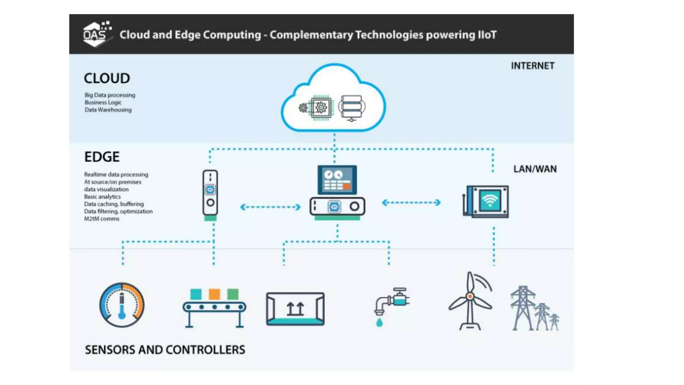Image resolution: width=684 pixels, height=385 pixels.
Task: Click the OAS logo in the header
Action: pyautogui.click(x=97, y=34)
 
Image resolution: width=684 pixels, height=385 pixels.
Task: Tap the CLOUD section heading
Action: pyautogui.click(x=107, y=79)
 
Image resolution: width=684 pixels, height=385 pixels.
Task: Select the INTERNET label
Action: pyautogui.click(x=532, y=66)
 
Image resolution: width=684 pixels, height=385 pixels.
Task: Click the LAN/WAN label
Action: pyautogui.click(x=535, y=169)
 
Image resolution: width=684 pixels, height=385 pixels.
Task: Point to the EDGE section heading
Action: pyautogui.click(x=102, y=157)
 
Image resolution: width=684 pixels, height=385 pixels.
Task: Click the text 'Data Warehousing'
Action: pyautogui.click(x=108, y=110)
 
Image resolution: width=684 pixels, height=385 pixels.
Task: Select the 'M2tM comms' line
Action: pyautogui.click(x=102, y=219)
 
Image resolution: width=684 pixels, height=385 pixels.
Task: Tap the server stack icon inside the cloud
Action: pyautogui.click(x=351, y=108)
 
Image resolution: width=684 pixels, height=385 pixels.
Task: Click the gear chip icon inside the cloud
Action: pyautogui.click(x=321, y=108)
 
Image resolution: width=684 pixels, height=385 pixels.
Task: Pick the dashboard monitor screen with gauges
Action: pyautogui.click(x=337, y=180)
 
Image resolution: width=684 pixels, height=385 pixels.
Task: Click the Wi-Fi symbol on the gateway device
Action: pyautogui.click(x=490, y=201)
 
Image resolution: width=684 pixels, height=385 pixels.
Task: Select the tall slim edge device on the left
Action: pyautogui.click(x=210, y=194)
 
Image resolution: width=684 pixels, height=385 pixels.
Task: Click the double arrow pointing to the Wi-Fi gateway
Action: pyautogui.click(x=411, y=203)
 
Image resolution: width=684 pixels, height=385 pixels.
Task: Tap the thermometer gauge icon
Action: pyautogui.click(x=122, y=305)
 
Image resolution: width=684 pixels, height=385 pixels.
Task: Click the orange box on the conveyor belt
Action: pyautogui.click(x=214, y=294)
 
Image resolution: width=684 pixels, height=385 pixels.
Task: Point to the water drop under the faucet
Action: pyautogui.click(x=379, y=323)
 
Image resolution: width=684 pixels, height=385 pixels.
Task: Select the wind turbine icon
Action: pyautogui.click(x=470, y=301)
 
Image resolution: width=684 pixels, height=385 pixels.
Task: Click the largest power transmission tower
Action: pyautogui.click(x=523, y=307)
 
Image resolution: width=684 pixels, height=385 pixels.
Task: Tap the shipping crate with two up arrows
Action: pyautogui.click(x=295, y=309)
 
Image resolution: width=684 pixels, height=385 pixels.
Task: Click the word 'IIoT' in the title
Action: pyautogui.click(x=487, y=35)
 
